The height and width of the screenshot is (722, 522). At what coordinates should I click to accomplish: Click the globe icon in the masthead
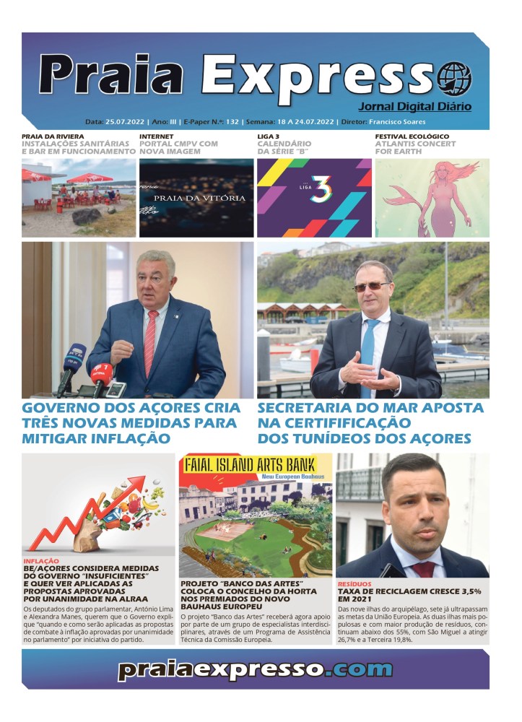[x=453, y=78]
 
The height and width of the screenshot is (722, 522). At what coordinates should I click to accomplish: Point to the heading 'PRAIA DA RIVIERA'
[x=52, y=136]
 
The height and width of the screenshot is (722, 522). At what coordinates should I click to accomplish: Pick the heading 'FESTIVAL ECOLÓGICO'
[x=412, y=136]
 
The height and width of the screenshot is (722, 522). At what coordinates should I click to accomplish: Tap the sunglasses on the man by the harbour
[x=370, y=287]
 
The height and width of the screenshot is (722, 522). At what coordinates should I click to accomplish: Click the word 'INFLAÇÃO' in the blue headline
[x=131, y=438]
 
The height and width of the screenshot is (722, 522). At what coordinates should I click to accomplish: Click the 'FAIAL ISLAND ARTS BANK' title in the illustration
[x=255, y=465]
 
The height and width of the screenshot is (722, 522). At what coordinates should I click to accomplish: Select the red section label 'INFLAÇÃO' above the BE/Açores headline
[x=41, y=561]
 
